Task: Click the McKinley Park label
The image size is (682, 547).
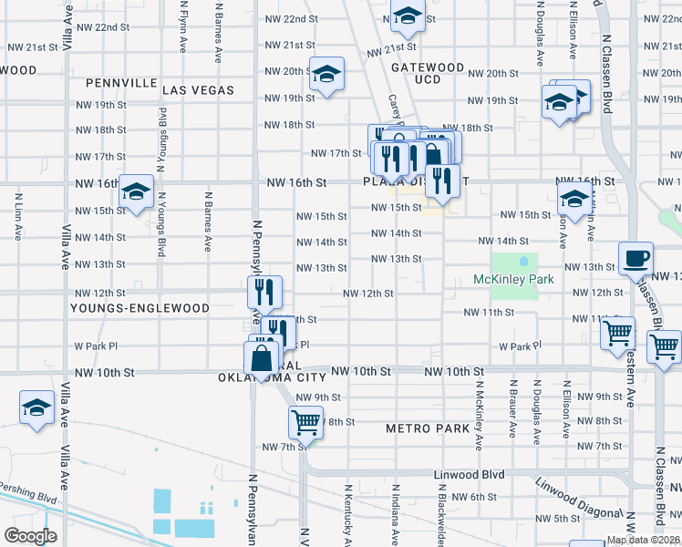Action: [x=513, y=279]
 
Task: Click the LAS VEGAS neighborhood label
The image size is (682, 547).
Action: [x=199, y=90]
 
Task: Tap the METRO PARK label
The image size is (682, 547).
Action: [x=427, y=428]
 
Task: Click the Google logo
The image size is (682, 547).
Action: [x=30, y=536]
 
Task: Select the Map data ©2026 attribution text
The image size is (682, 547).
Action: [x=644, y=540]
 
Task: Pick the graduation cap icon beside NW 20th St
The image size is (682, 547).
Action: [x=325, y=75]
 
